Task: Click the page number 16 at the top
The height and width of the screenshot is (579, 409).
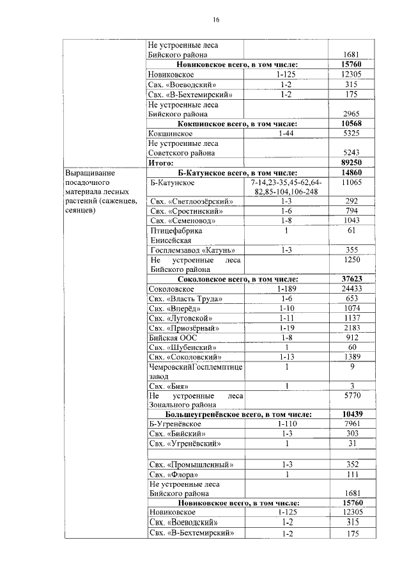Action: (217, 20)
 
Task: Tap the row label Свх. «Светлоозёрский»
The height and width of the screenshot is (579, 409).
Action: (190, 201)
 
